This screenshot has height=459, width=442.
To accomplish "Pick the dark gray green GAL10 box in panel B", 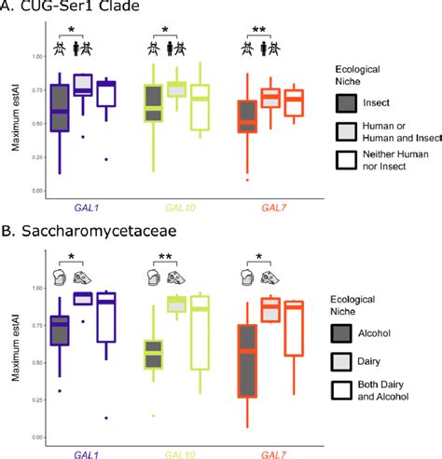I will (x=153, y=354).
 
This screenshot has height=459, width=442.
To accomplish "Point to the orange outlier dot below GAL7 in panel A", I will (x=247, y=179).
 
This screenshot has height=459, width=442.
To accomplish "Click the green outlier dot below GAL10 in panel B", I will (x=153, y=415).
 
